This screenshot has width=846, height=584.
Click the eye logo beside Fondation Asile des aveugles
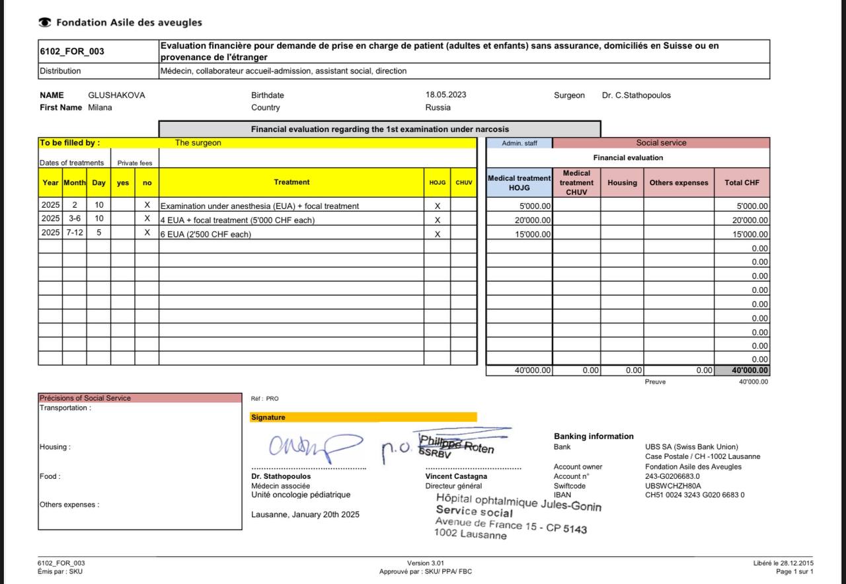(x=45, y=22)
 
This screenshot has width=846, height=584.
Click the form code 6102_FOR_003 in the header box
(x=63, y=52)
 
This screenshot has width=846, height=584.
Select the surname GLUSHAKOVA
(x=116, y=95)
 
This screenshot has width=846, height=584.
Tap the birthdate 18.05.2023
(x=445, y=95)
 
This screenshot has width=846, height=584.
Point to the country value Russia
(x=438, y=107)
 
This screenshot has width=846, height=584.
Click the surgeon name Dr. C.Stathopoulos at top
(x=636, y=95)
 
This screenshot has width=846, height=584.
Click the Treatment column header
(x=291, y=183)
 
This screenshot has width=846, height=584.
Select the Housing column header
(x=622, y=183)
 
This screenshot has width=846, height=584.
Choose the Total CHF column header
(x=742, y=183)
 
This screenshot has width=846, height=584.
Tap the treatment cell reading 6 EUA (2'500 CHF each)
(x=206, y=234)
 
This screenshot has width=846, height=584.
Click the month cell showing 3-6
(x=74, y=220)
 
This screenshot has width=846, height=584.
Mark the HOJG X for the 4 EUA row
(x=437, y=220)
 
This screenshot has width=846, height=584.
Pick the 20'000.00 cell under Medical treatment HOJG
(x=533, y=220)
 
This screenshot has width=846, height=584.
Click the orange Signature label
(x=268, y=417)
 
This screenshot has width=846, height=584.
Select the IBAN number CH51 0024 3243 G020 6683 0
(x=695, y=495)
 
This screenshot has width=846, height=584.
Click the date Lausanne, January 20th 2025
(x=305, y=515)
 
